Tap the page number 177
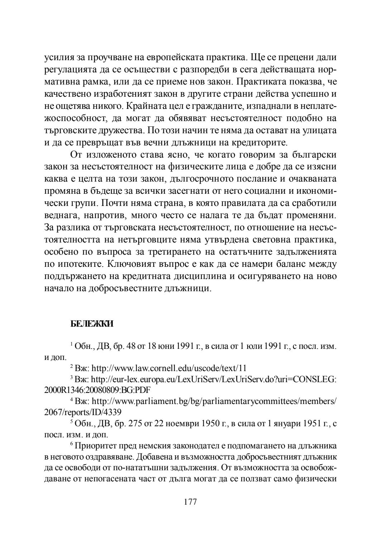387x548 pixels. point(190,502)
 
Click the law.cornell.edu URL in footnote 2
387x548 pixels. point(169,368)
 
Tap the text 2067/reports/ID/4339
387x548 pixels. point(82,412)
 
